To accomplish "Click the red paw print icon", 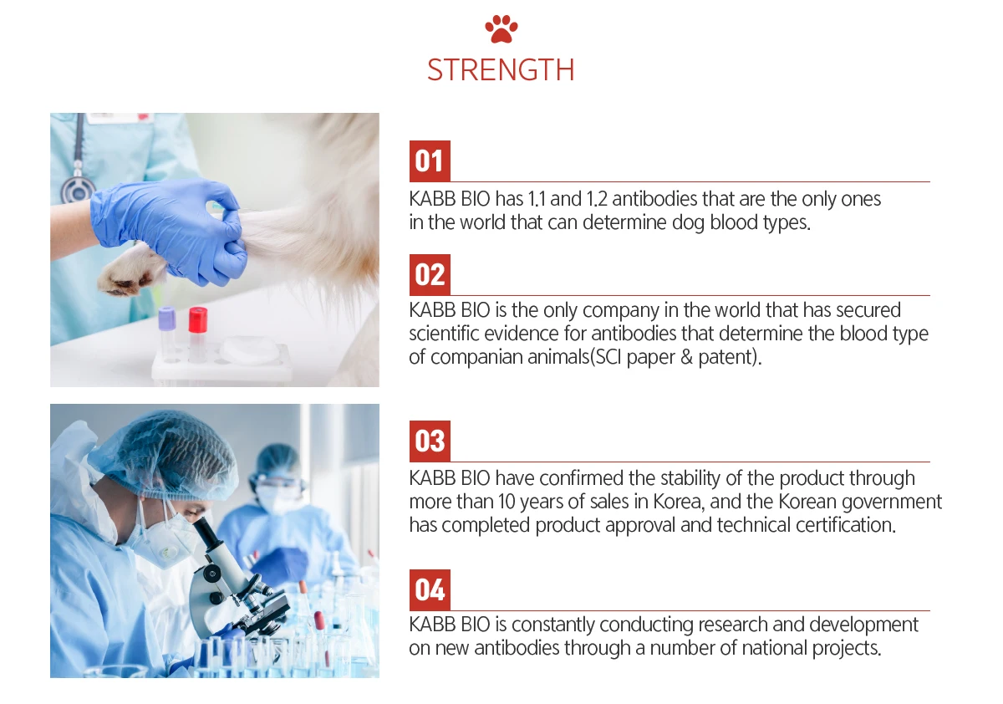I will [501, 29].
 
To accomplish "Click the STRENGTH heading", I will [501, 70].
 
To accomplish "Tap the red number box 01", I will [430, 161].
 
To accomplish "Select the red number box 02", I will [430, 275].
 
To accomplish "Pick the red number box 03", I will [430, 441].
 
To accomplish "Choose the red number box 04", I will [430, 590].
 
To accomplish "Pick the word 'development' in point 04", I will [855, 625].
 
